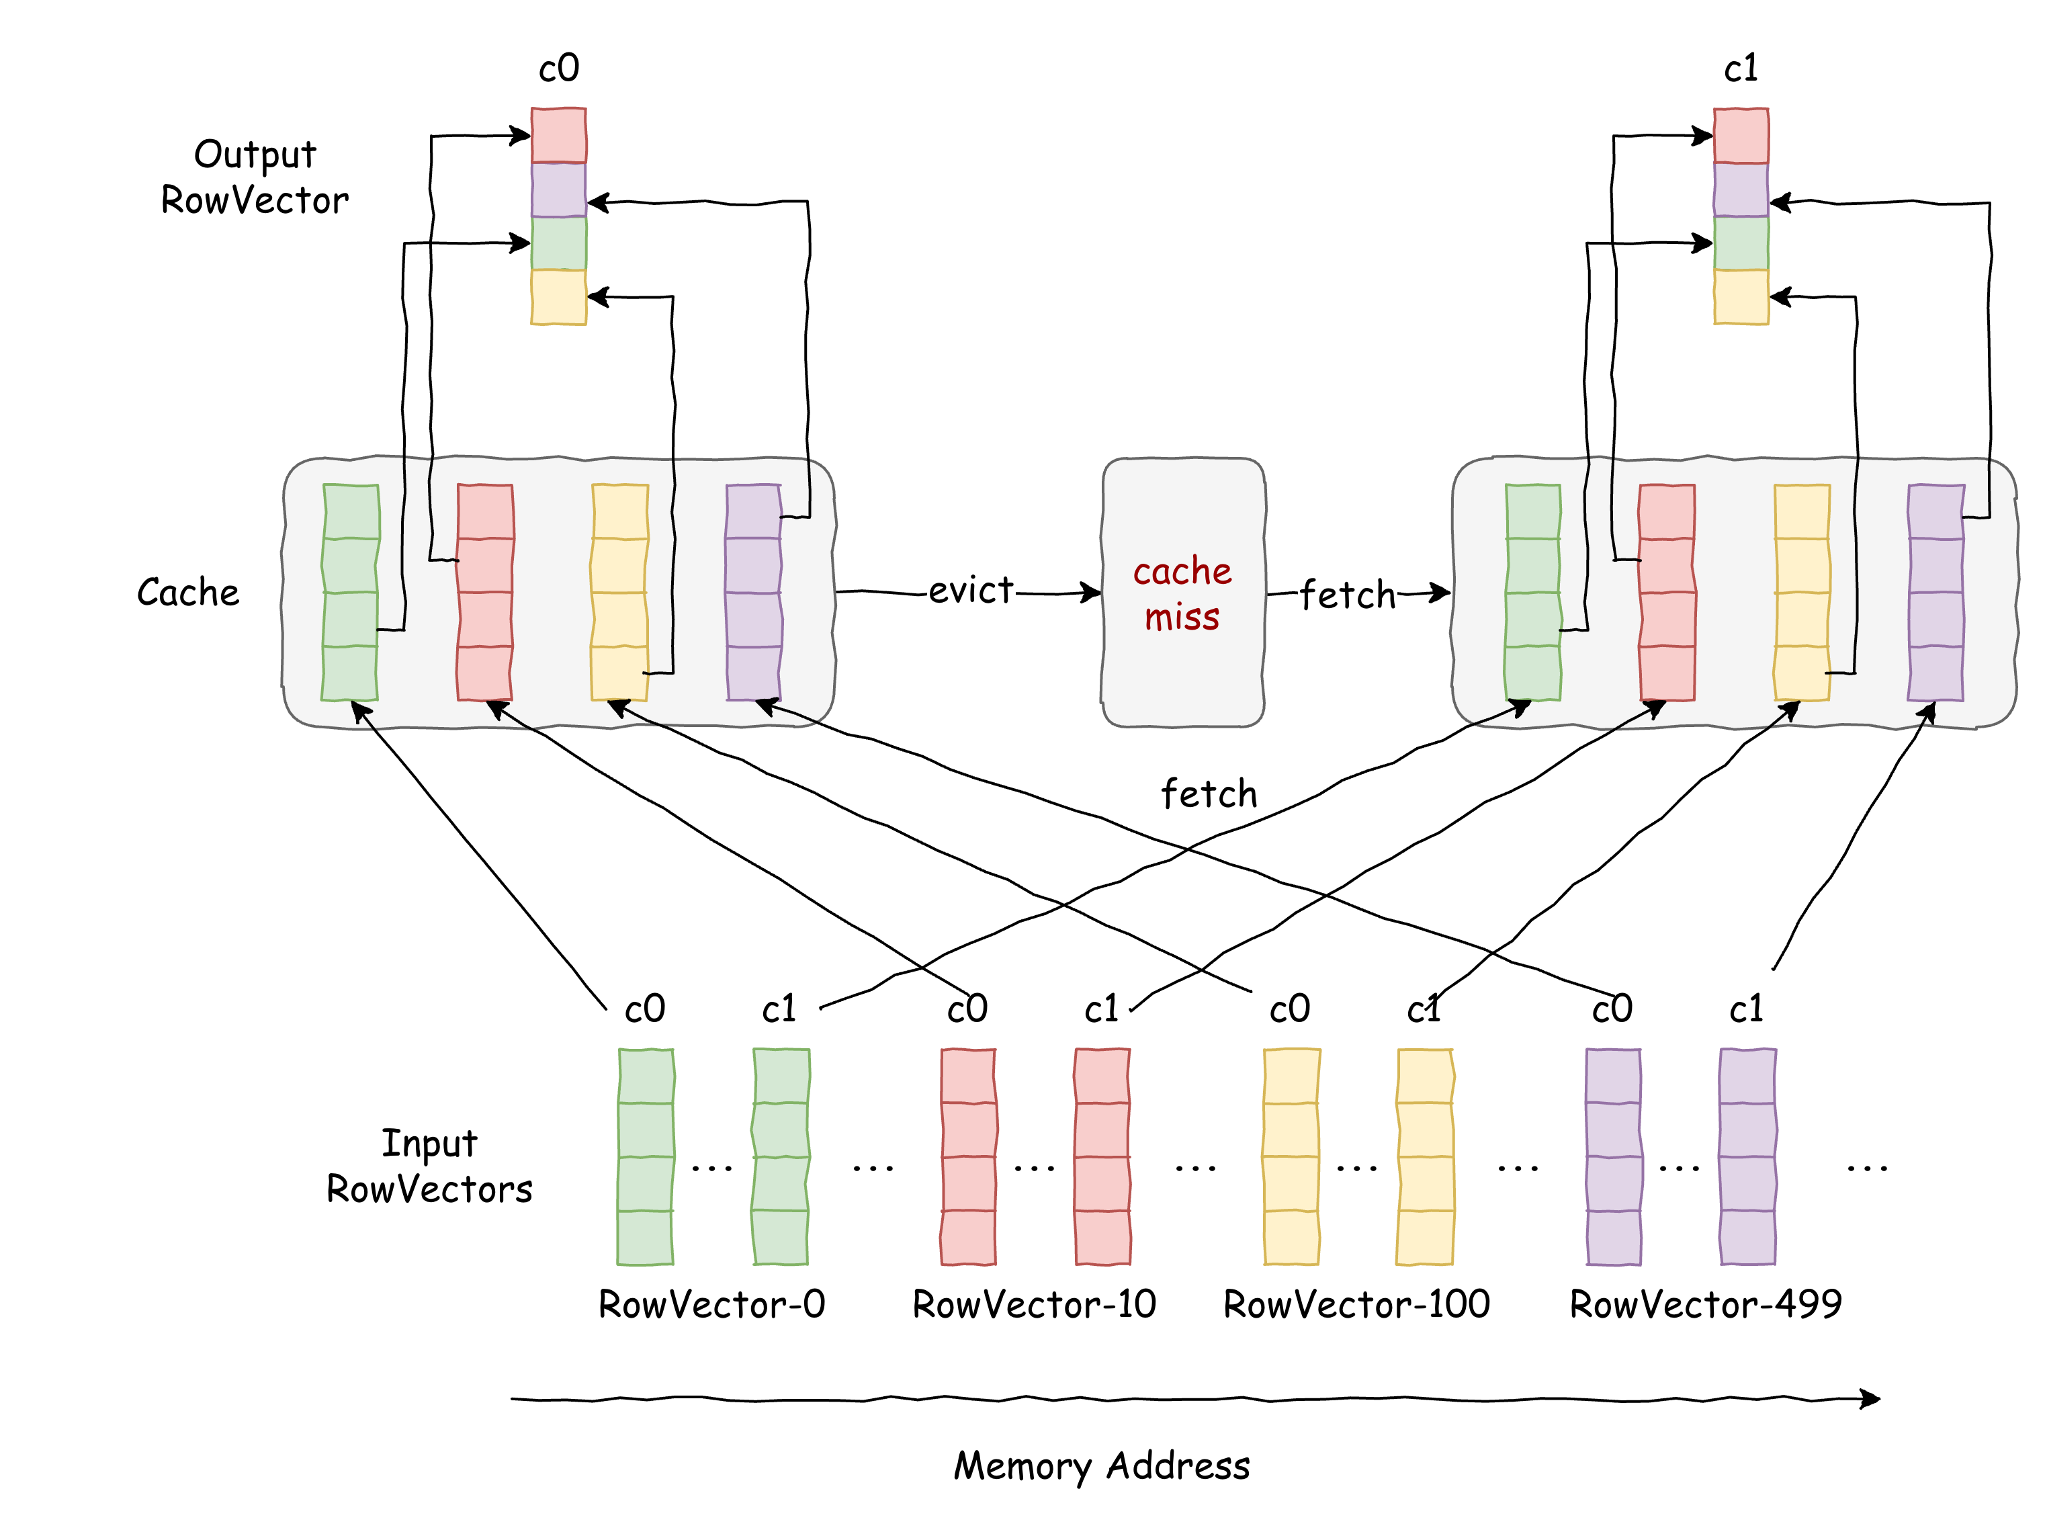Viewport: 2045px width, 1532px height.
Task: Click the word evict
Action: pos(971,590)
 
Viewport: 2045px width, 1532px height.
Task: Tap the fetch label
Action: pos(1347,595)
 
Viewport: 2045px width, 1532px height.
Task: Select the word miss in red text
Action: pos(1182,617)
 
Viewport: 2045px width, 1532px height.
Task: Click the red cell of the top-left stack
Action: pos(558,136)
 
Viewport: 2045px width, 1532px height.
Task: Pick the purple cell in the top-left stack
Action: pos(558,189)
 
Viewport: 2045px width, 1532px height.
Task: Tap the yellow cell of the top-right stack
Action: pos(1741,297)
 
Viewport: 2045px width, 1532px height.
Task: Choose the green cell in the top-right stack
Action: pos(1741,243)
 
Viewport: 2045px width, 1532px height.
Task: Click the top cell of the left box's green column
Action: pos(351,511)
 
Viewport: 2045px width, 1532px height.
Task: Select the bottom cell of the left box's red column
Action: pos(484,673)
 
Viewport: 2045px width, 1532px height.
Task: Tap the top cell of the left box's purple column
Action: pos(754,511)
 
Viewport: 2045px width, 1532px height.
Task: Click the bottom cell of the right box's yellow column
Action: pos(1801,673)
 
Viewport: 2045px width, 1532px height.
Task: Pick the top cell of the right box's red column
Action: pos(1667,511)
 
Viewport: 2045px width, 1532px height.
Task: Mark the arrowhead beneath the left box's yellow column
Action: pos(617,708)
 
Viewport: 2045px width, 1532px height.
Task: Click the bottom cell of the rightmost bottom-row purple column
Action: pos(1747,1237)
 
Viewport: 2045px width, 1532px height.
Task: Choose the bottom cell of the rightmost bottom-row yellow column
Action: pos(1425,1237)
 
